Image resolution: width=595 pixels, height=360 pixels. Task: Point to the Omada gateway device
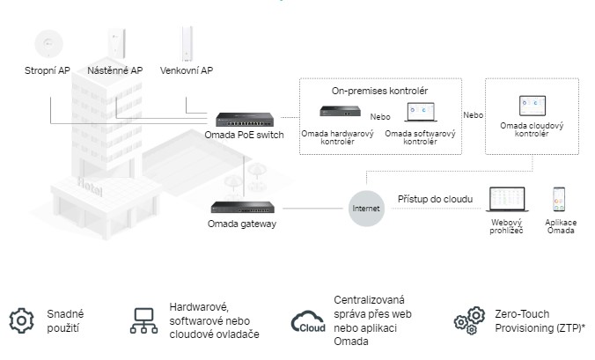[242, 208]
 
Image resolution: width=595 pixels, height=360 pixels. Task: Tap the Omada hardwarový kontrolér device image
[341, 112]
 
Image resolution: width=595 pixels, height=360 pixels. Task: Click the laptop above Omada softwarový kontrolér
[421, 113]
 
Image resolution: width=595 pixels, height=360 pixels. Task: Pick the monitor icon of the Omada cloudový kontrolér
[531, 107]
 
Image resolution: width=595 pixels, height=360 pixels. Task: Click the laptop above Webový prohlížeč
[506, 199]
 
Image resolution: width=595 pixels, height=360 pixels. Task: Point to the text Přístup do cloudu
[435, 200]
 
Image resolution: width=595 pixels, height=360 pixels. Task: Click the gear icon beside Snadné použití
[20, 320]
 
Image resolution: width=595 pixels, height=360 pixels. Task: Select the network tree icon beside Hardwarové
[143, 320]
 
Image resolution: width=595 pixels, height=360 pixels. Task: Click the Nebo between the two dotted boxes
[474, 115]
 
